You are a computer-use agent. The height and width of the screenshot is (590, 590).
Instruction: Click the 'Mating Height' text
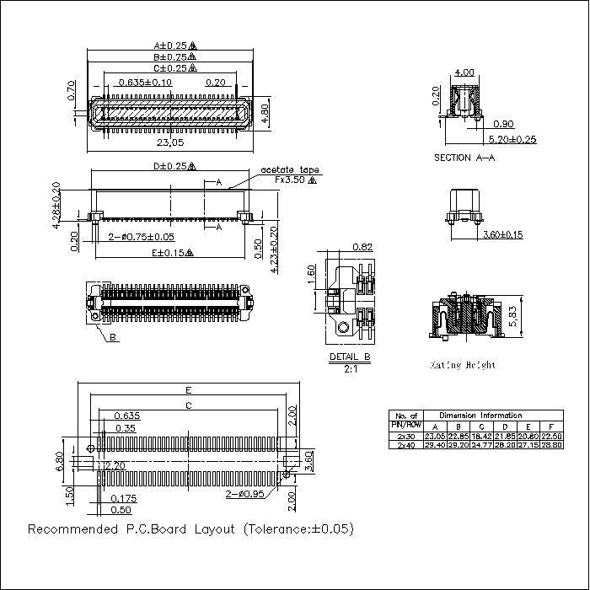(x=463, y=365)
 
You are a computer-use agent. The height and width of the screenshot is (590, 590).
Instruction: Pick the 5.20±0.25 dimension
(x=512, y=139)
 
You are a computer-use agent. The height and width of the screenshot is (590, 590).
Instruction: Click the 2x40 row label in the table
(x=405, y=444)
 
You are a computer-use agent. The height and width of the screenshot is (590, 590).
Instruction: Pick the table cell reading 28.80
(x=550, y=444)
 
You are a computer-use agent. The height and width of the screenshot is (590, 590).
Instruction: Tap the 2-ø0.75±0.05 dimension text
(x=141, y=237)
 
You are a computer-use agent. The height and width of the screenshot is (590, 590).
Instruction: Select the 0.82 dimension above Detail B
(x=362, y=247)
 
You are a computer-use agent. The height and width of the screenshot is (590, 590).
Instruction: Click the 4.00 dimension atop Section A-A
(x=463, y=72)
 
